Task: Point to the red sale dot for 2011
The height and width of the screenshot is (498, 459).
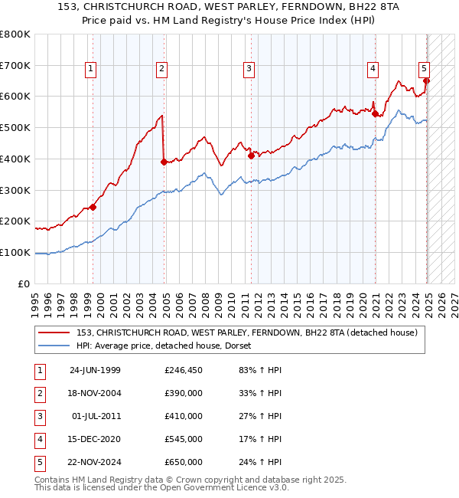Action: (x=251, y=156)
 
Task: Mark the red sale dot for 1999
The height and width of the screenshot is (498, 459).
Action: (x=93, y=207)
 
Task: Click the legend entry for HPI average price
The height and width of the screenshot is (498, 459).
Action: (x=168, y=346)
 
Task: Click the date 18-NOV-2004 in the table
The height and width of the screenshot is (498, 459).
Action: (x=95, y=393)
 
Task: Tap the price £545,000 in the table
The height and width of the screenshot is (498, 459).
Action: (x=184, y=439)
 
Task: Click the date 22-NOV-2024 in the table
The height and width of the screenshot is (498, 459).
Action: (x=95, y=462)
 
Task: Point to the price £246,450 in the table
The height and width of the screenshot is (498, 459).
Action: (x=184, y=370)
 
